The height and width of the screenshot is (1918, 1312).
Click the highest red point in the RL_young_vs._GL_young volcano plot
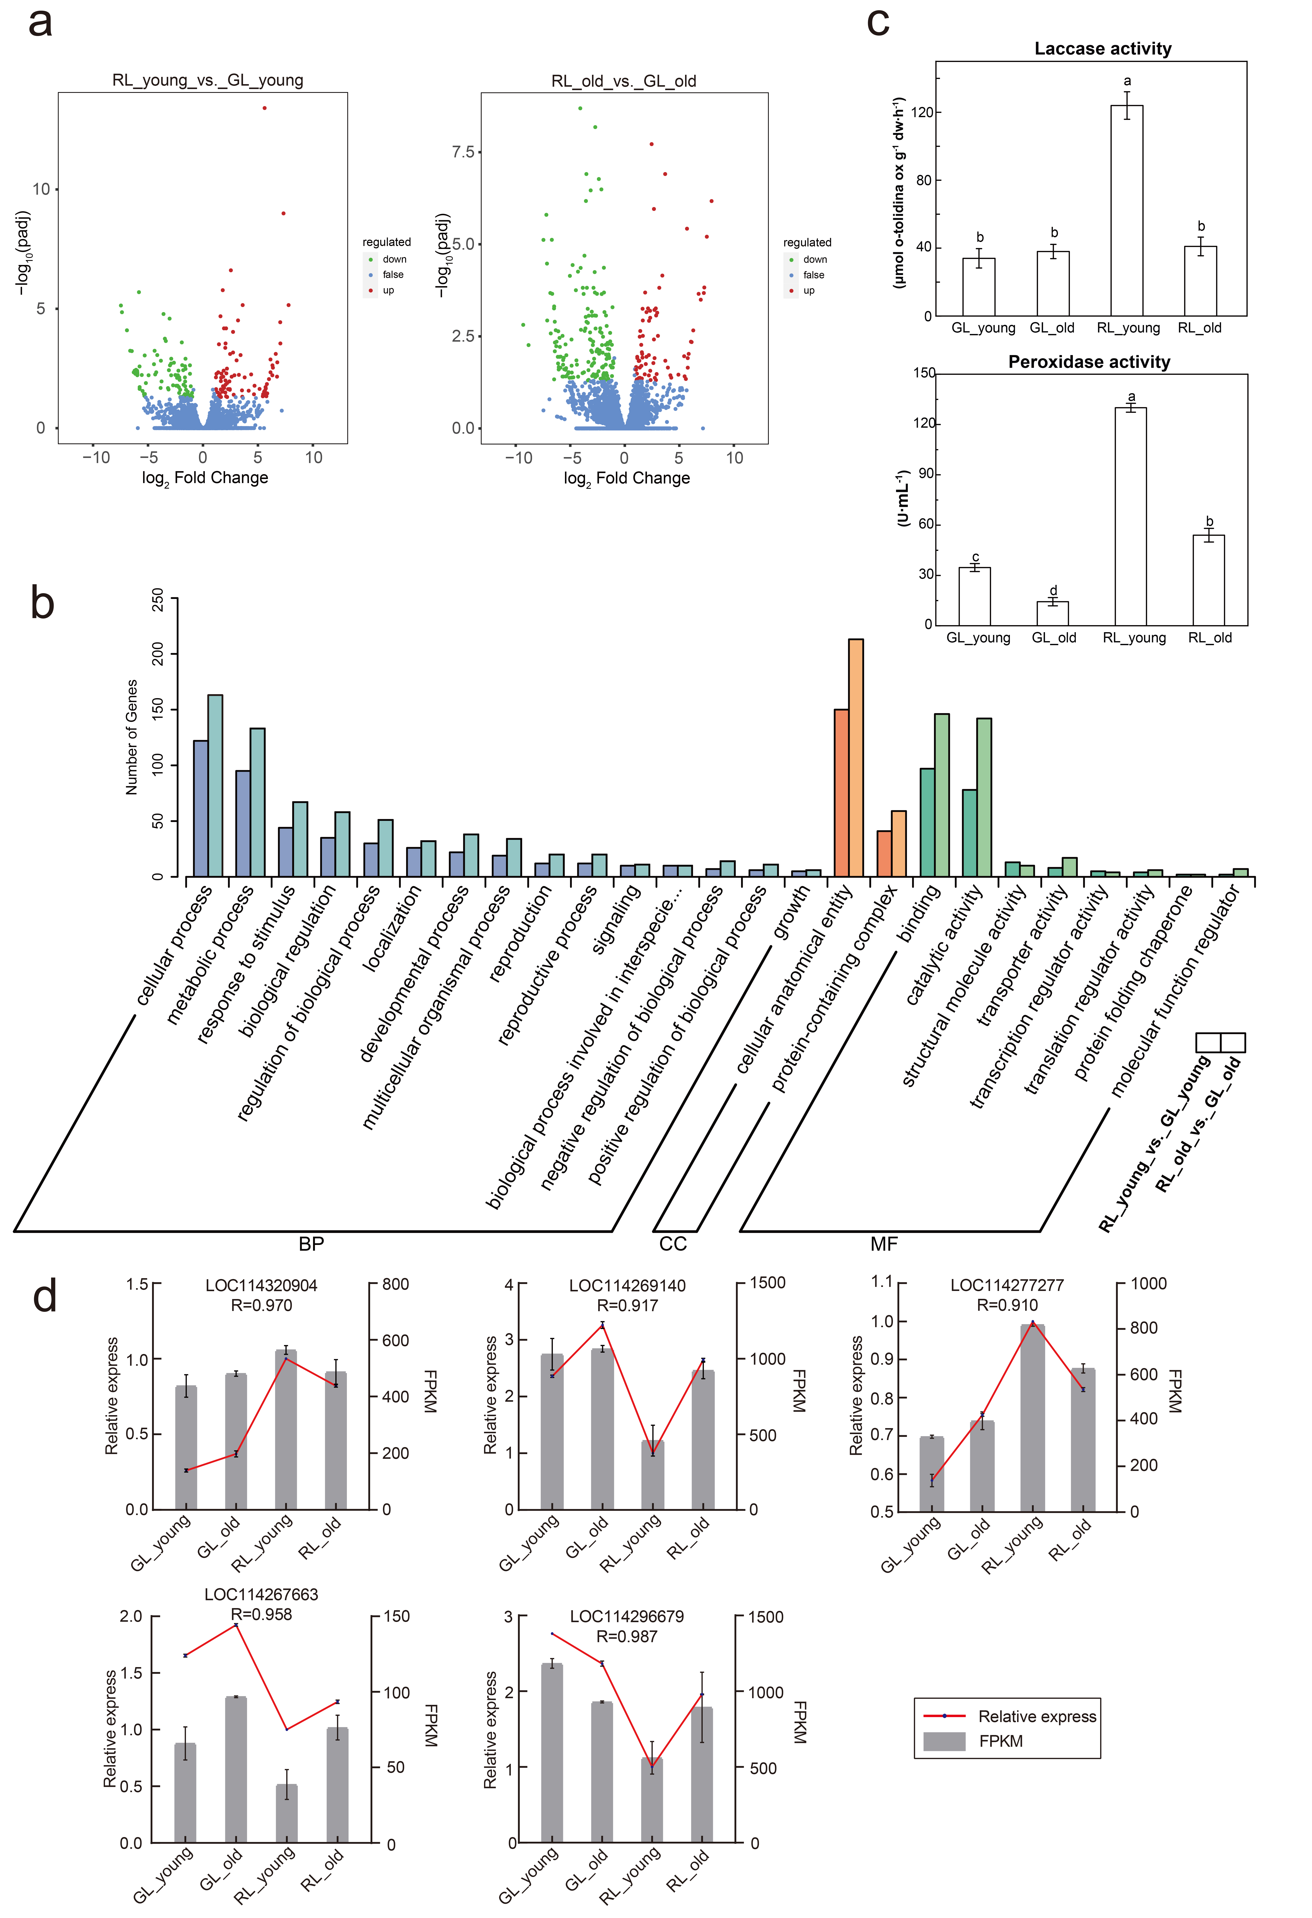264,107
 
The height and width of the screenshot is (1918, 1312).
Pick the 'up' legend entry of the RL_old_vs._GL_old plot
802,291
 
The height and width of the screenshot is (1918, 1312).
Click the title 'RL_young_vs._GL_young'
208,80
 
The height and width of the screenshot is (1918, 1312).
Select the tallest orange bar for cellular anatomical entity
856,757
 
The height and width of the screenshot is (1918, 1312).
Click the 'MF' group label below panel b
884,1244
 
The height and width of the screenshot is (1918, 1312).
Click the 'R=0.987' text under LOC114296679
627,1636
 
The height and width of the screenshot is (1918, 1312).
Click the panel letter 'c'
878,22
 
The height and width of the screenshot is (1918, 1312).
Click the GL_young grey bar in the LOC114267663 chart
186,1793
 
